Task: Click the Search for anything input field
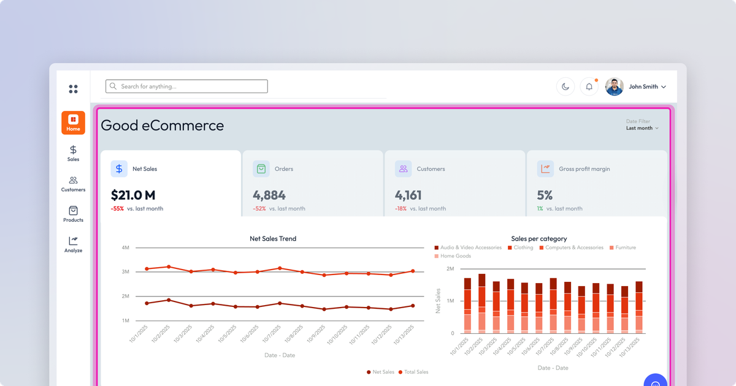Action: pyautogui.click(x=186, y=86)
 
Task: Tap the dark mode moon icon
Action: pyautogui.click(x=565, y=87)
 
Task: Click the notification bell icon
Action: pyautogui.click(x=589, y=87)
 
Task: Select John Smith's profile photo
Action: pyautogui.click(x=615, y=87)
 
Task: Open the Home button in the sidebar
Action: pyautogui.click(x=73, y=123)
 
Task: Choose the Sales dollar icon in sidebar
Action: pyautogui.click(x=73, y=150)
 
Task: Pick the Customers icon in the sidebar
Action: pyautogui.click(x=73, y=181)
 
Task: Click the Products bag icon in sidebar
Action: pyautogui.click(x=73, y=211)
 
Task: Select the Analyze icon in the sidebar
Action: pyautogui.click(x=73, y=241)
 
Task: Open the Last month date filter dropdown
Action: pyautogui.click(x=642, y=128)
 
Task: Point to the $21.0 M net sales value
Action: pyautogui.click(x=133, y=195)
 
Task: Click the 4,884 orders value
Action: pyautogui.click(x=269, y=195)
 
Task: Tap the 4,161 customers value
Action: pyautogui.click(x=408, y=195)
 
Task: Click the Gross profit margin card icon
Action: pyautogui.click(x=545, y=168)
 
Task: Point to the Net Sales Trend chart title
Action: pyautogui.click(x=273, y=238)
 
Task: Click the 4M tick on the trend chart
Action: pyautogui.click(x=125, y=248)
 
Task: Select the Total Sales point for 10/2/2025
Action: pyautogui.click(x=169, y=267)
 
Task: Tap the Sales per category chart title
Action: pyautogui.click(x=539, y=238)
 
